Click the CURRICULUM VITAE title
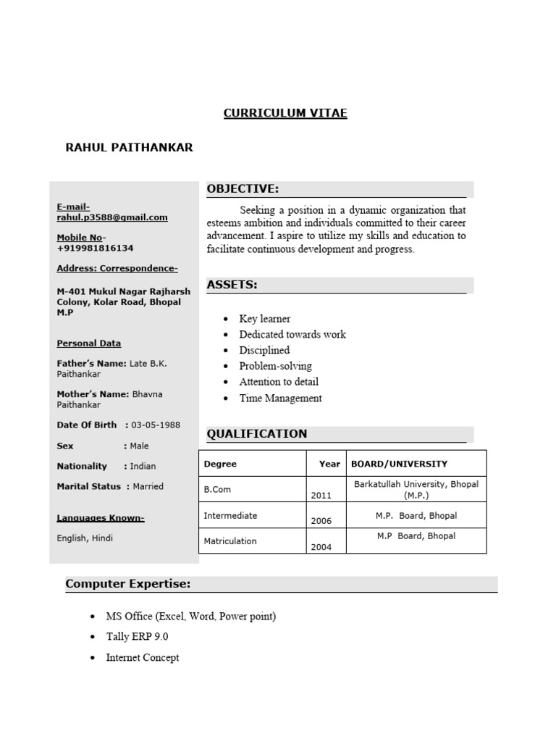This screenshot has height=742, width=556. pyautogui.click(x=285, y=114)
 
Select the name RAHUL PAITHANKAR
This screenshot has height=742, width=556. pyautogui.click(x=129, y=148)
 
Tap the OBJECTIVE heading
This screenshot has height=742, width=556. pyautogui.click(x=243, y=189)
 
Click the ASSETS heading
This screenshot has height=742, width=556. pyautogui.click(x=232, y=285)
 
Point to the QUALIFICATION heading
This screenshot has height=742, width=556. pyautogui.click(x=257, y=434)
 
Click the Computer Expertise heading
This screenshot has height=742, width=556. pyautogui.click(x=127, y=583)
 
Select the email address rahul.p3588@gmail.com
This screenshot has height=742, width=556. pyautogui.click(x=112, y=217)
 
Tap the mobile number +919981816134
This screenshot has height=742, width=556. pyautogui.click(x=95, y=248)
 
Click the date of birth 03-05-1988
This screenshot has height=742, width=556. pyautogui.click(x=156, y=425)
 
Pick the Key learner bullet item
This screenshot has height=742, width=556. pyautogui.click(x=264, y=319)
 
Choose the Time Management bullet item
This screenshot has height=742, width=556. pyautogui.click(x=280, y=398)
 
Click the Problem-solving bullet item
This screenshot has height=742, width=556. pyautogui.click(x=275, y=366)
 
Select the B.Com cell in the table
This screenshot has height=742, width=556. pyautogui.click(x=217, y=489)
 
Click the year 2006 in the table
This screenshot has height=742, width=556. pyautogui.click(x=321, y=521)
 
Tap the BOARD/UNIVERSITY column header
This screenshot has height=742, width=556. pyautogui.click(x=399, y=464)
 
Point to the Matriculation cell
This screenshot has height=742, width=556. pyautogui.click(x=229, y=541)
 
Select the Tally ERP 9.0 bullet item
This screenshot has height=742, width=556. pyautogui.click(x=137, y=636)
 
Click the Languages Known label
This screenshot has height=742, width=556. pyautogui.click(x=101, y=518)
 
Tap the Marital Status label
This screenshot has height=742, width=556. pyautogui.click(x=89, y=486)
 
